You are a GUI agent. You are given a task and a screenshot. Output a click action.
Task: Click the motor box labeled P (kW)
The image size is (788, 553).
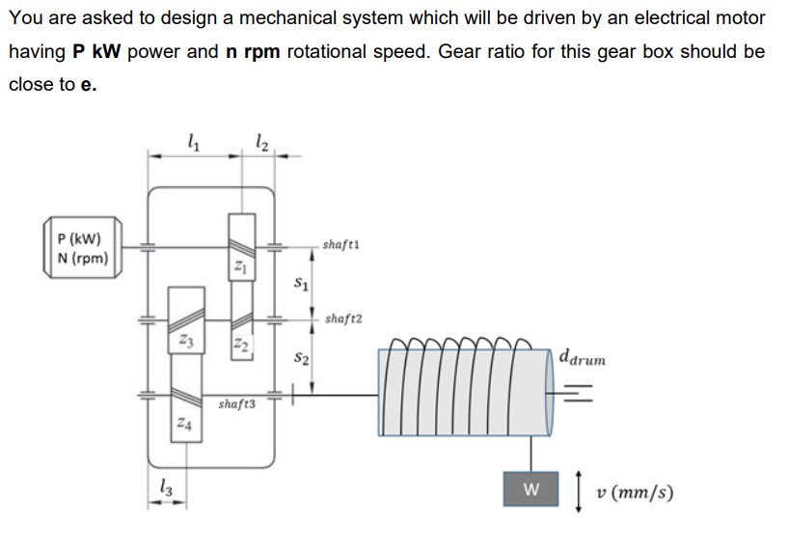point(82,248)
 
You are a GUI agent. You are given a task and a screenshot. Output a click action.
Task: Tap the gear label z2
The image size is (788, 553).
point(240,346)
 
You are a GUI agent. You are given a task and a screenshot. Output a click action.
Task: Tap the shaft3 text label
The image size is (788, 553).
point(237,403)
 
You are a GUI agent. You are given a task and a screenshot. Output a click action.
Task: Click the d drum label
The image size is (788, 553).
point(583,356)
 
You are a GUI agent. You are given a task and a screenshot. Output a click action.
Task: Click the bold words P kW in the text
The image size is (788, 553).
point(97,51)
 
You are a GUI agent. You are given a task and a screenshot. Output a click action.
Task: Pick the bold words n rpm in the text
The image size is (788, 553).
point(253,51)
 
